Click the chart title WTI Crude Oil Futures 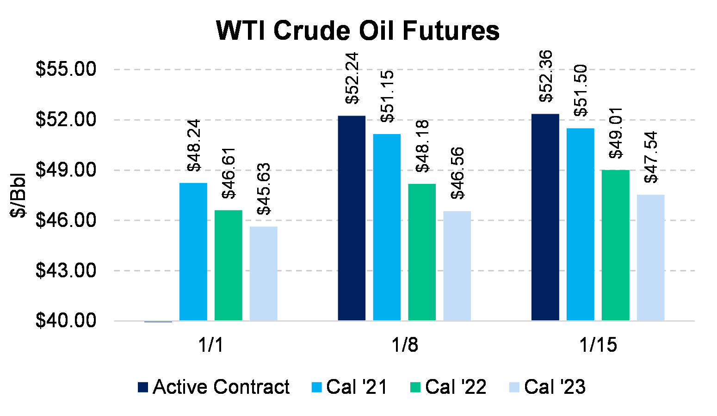[x=358, y=31]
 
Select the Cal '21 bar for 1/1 [x=193, y=251]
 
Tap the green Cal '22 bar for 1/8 [x=422, y=252]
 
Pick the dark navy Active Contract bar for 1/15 [x=545, y=217]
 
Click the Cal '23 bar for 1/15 [x=650, y=257]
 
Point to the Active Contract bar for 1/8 [x=352, y=218]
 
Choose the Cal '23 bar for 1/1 [x=263, y=273]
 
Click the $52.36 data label [x=546, y=76]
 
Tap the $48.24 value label [x=194, y=146]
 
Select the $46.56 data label [x=457, y=173]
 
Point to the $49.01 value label [x=616, y=133]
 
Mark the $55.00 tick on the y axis [x=66, y=69]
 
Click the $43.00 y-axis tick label [x=66, y=270]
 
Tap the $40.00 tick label [x=66, y=320]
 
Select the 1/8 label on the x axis [x=405, y=345]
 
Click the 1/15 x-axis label [x=598, y=345]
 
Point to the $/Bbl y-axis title [x=18, y=196]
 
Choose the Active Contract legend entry [x=214, y=387]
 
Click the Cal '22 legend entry [x=448, y=387]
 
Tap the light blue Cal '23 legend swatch [x=514, y=387]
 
